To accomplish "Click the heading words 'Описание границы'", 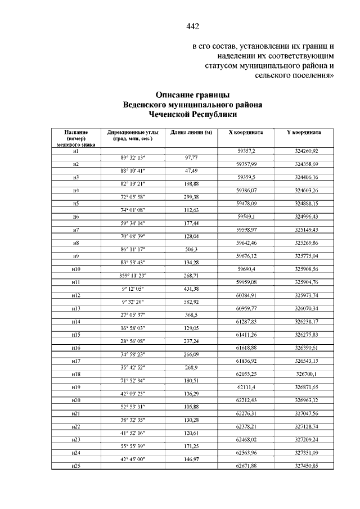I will pyautogui.click(x=193, y=95).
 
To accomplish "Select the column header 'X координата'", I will pyautogui.click(x=246, y=132).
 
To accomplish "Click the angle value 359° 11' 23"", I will pyautogui.click(x=133, y=276).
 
